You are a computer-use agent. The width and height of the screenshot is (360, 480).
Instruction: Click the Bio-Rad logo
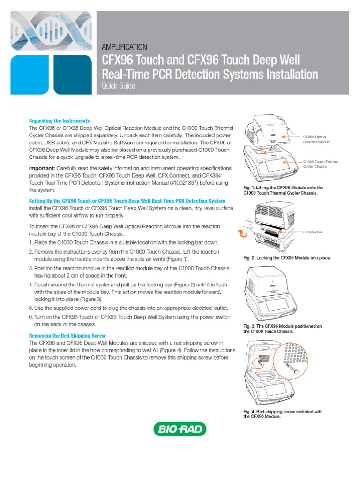point(180,429)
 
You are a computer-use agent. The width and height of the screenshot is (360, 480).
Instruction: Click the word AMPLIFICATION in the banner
point(124,47)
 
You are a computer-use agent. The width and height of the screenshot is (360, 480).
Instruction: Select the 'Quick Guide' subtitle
point(118,86)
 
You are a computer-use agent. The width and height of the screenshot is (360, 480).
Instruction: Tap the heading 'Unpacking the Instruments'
point(60,120)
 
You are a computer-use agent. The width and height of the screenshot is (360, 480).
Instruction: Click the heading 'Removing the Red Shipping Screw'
point(67,336)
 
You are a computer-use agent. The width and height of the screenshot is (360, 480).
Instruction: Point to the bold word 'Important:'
point(42,168)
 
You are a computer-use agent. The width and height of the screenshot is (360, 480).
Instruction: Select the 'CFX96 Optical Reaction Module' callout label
point(316,140)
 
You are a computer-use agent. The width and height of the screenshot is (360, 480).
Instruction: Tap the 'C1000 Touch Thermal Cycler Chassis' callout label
point(321,164)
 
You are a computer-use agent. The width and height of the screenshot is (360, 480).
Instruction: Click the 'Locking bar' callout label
point(313,232)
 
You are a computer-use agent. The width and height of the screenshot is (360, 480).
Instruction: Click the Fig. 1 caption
point(284,190)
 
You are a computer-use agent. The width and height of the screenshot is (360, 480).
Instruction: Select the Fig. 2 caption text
point(287,258)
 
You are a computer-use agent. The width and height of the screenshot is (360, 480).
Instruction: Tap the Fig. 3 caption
point(283,329)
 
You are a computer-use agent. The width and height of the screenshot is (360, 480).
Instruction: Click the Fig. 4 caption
point(283,414)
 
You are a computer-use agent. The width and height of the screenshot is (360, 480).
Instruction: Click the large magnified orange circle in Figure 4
point(273,360)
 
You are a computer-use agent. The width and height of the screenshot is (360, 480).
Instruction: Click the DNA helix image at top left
point(51,30)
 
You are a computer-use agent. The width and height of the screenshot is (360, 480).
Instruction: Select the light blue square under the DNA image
point(30,75)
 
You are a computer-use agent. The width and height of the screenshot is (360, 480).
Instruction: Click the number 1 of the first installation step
point(30,242)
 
